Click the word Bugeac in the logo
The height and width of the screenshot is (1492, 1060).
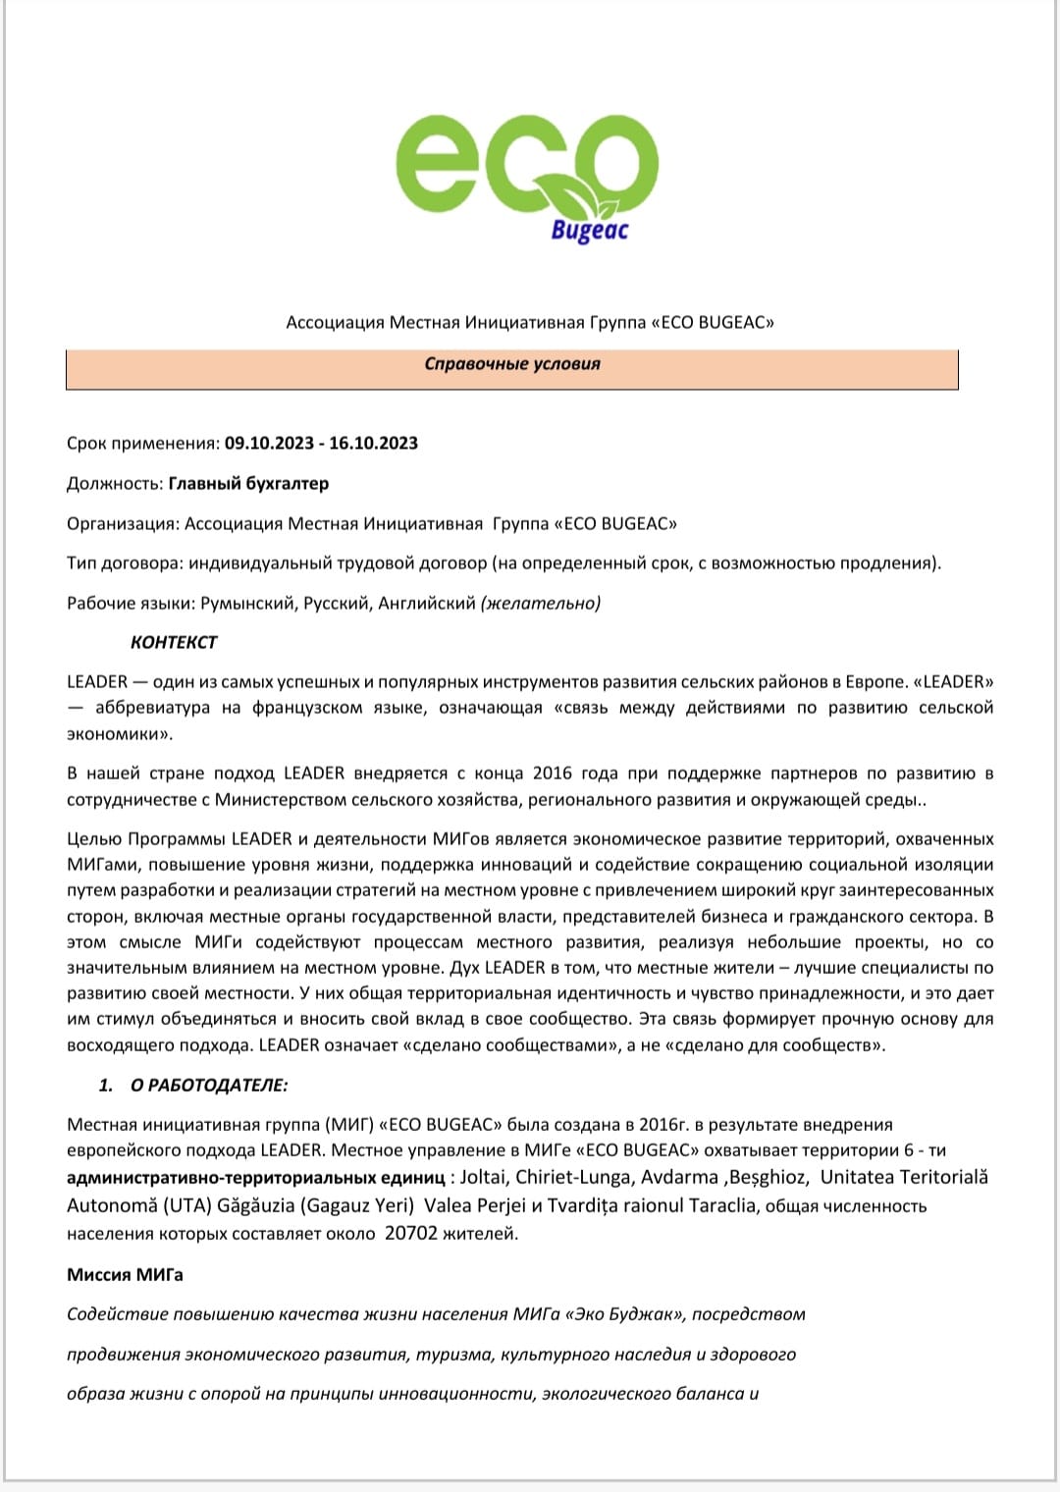[589, 231]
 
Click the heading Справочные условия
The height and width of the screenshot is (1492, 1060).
[511, 364]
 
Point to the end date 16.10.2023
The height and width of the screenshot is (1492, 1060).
[373, 444]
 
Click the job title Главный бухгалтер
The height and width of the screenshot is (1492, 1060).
[248, 484]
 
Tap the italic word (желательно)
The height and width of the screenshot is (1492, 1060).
[540, 604]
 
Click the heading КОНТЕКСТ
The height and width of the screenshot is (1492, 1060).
[174, 643]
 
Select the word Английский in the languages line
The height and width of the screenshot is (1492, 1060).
[426, 604]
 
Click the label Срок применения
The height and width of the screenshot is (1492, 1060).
[142, 444]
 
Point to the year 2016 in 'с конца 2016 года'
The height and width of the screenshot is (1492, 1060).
[552, 773]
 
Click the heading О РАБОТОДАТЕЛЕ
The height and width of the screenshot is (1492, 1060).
[209, 1086]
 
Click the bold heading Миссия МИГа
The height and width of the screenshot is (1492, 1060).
[125, 1275]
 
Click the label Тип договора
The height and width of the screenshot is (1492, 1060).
[124, 563]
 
